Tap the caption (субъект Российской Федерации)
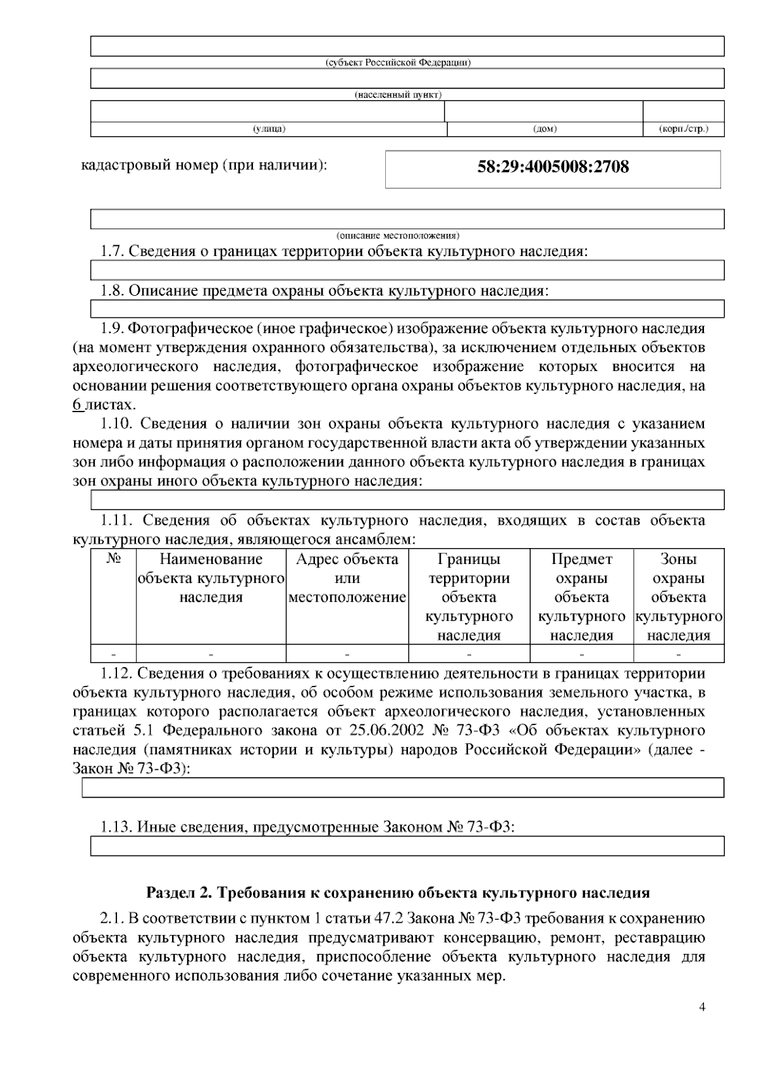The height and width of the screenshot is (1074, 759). coord(398,63)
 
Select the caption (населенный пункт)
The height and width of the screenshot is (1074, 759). coord(398,95)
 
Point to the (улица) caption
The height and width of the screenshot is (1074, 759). coord(269,129)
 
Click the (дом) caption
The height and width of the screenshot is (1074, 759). coord(545,129)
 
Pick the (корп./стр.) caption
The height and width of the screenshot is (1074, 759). coord(683,129)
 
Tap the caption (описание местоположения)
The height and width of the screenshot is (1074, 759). coord(398,235)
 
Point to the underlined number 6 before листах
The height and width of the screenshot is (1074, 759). coord(77,405)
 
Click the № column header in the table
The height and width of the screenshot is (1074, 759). coord(114,559)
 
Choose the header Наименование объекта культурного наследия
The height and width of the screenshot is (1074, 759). coord(211,578)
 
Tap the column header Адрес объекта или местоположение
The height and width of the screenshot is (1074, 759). coord(347,578)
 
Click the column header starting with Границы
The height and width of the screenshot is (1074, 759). coord(469,597)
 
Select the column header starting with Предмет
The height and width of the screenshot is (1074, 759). coord(582,597)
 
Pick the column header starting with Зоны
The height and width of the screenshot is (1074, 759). coord(679,597)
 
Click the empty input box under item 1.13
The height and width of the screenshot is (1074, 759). coord(407,846)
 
